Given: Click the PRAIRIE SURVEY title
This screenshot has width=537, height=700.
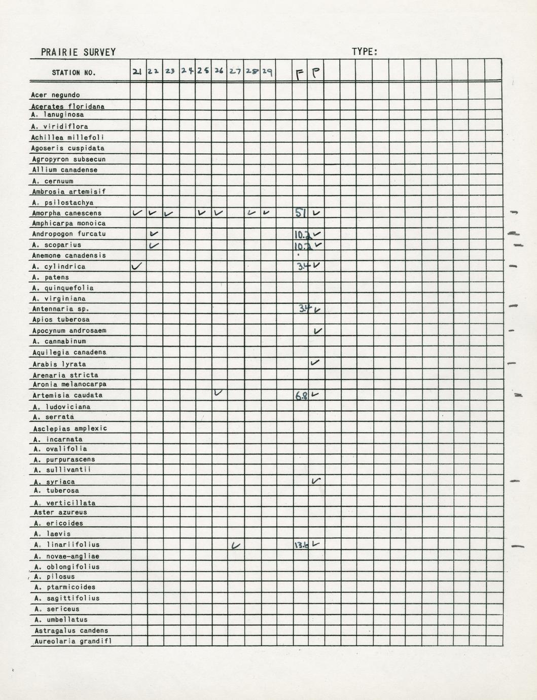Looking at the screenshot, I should tap(79, 52).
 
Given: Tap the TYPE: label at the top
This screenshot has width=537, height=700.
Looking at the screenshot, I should tap(365, 52).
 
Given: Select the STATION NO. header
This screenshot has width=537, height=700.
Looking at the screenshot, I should tap(74, 73).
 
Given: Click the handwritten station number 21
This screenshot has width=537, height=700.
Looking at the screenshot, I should tap(137, 72).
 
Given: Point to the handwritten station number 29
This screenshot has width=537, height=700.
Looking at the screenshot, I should tap(267, 72).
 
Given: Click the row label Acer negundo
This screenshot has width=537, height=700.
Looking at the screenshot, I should tap(55, 95).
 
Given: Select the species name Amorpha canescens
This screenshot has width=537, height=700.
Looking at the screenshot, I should tap(67, 213).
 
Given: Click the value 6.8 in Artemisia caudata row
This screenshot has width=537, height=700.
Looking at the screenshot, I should tap(301, 396).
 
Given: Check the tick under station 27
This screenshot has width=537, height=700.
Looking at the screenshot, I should tap(235, 545).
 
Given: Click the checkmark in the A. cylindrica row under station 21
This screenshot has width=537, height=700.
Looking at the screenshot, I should tap(137, 266).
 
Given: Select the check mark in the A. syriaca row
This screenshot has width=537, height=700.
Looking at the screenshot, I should tap(316, 480).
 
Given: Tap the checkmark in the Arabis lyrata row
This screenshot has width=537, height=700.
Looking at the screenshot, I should tap(315, 363).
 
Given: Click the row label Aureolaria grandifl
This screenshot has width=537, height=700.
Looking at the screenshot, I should tap(73, 641).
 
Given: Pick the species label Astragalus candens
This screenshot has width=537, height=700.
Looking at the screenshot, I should tap(71, 631).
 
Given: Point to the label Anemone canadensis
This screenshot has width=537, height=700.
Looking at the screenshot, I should tap(69, 255).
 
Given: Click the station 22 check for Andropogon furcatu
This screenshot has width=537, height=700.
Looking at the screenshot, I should tap(154, 234).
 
